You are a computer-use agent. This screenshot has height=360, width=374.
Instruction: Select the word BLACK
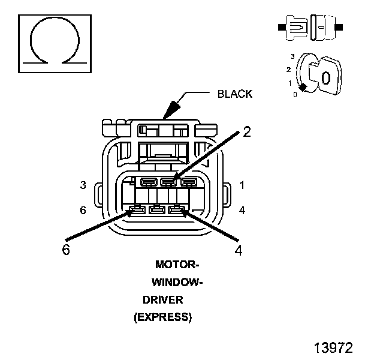(x=234, y=94)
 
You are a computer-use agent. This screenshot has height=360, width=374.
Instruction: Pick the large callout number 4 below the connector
(x=239, y=251)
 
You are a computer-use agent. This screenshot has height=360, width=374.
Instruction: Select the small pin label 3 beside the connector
(x=83, y=185)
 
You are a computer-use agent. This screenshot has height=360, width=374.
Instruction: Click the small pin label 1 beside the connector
(x=242, y=185)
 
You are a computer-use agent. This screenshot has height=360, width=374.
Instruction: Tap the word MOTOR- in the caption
(x=177, y=265)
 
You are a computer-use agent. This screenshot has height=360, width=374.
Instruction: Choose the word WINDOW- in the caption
(x=177, y=283)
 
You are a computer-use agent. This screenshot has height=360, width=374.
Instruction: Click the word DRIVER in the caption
(x=162, y=300)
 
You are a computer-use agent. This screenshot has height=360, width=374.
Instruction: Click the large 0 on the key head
(x=325, y=77)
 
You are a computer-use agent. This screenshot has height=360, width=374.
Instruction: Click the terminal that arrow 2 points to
(x=168, y=181)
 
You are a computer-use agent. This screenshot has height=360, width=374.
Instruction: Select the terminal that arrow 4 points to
(x=177, y=209)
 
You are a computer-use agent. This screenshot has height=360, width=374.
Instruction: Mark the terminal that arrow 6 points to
(x=137, y=209)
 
